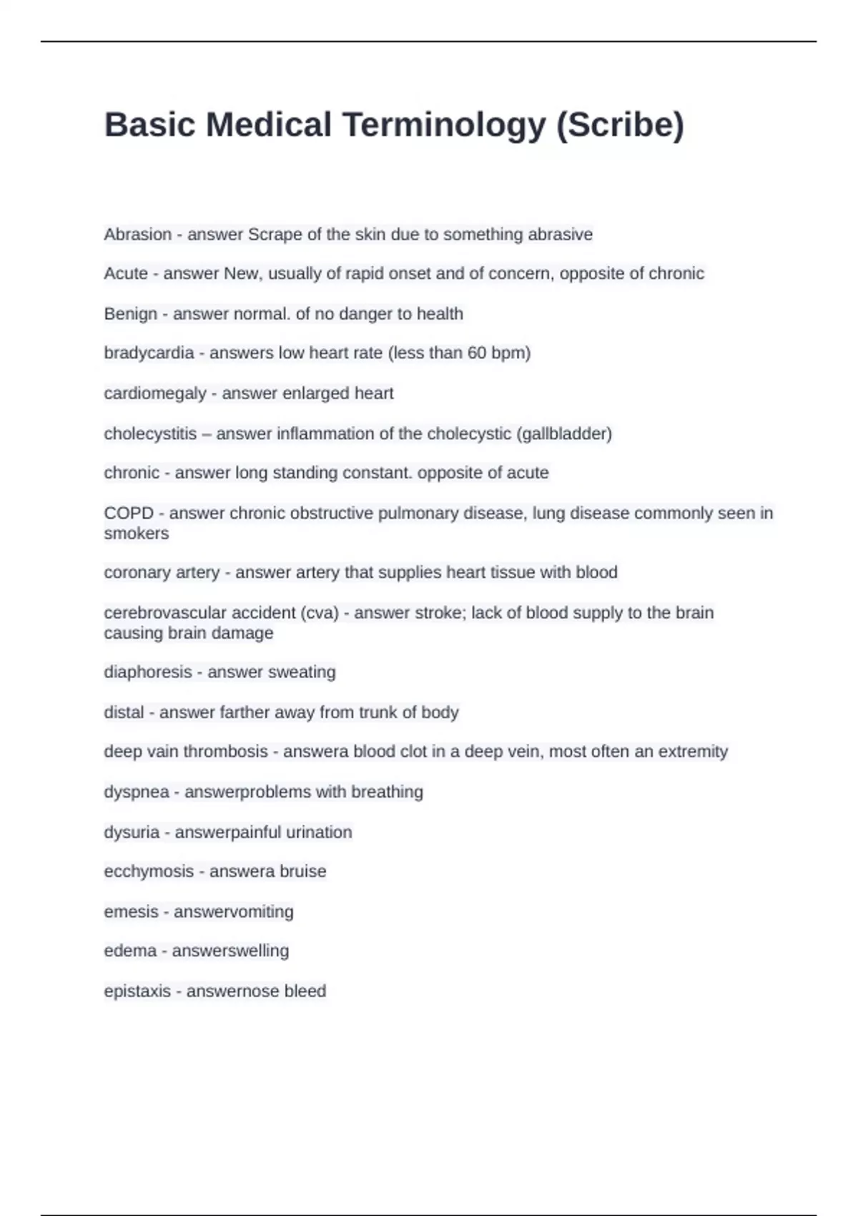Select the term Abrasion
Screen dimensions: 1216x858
(138, 235)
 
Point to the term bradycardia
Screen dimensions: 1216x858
(149, 353)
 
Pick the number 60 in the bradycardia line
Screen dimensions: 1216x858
(477, 353)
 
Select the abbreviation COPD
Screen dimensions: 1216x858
(129, 513)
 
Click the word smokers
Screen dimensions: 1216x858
(137, 534)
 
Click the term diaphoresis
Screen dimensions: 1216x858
(148, 672)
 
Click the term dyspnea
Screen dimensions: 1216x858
(137, 792)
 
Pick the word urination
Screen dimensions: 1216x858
(319, 832)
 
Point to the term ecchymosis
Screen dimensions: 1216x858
(149, 871)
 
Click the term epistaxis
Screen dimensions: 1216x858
(137, 991)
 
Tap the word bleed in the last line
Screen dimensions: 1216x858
(305, 991)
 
